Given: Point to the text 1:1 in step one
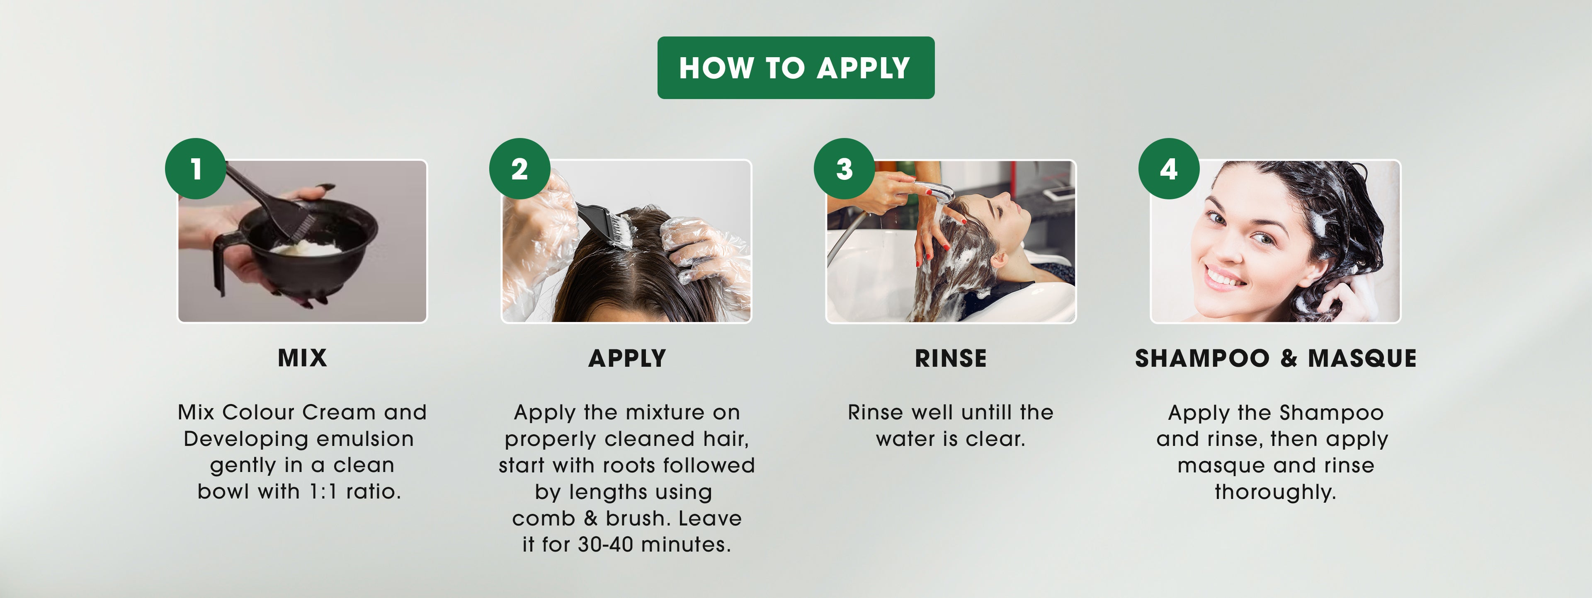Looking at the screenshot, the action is (x=324, y=492).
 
